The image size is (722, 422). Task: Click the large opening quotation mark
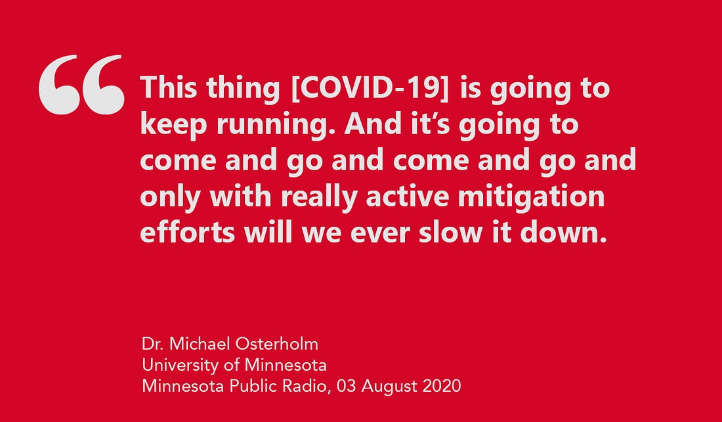click(x=81, y=85)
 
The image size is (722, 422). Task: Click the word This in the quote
click(x=169, y=87)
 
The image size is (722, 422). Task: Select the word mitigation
click(x=531, y=197)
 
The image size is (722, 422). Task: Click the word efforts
click(x=188, y=232)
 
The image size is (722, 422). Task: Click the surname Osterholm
click(x=277, y=344)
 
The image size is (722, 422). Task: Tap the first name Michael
click(x=200, y=344)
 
